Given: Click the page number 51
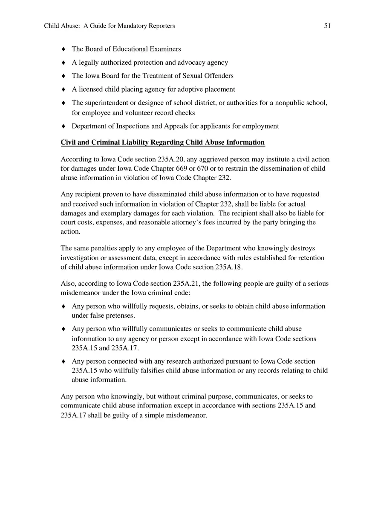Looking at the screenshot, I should (x=327, y=26).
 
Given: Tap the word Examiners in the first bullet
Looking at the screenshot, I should (x=165, y=49).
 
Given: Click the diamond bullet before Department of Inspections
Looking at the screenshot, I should (x=63, y=126).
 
